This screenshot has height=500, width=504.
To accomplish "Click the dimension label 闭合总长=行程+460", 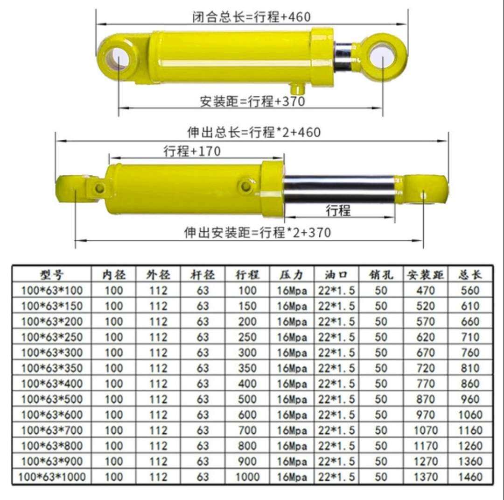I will coord(252,17).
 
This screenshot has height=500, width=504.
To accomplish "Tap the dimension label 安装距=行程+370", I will coord(252,101).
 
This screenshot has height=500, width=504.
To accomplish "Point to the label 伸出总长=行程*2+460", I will coord(254,132).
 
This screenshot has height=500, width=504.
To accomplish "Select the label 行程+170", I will coord(192,151).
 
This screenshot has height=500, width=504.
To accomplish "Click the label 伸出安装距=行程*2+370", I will coord(258,232).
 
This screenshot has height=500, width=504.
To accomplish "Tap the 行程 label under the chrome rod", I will coord(338,210).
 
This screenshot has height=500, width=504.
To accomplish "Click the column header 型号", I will coord(51,274).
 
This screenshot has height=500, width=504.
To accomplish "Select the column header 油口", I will coord(336,274).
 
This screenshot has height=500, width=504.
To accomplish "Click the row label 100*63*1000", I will coord(51,477).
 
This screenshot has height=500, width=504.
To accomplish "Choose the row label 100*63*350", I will coord(51,368).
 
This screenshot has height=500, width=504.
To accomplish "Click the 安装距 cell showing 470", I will coord(426,290).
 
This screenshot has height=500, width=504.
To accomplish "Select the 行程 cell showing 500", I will coord(247,399).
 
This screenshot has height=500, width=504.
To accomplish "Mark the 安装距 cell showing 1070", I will coord(426,430).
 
